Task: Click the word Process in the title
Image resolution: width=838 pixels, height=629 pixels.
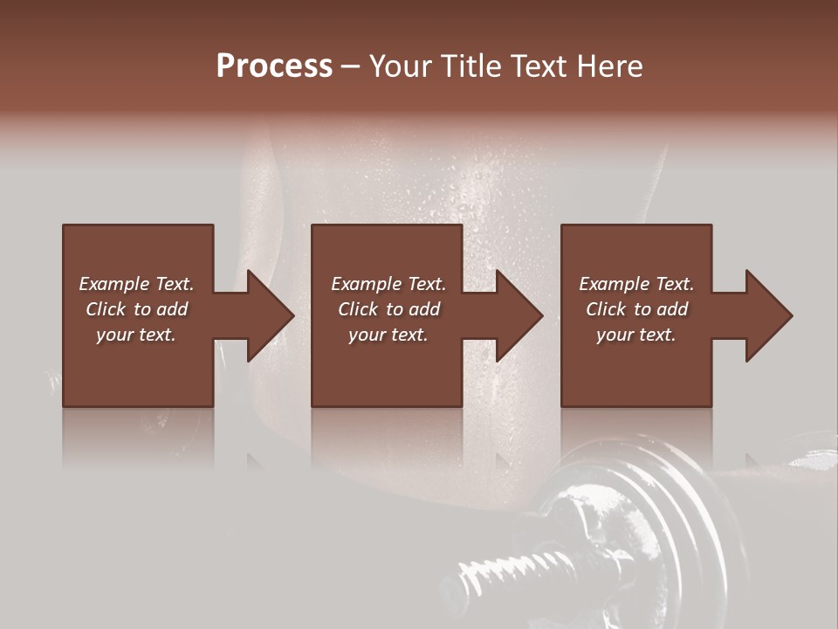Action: [274, 66]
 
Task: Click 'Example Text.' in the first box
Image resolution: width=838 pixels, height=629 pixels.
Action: [136, 284]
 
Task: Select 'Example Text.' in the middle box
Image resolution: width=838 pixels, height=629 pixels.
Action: [388, 284]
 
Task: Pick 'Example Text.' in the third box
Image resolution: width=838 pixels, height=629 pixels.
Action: [636, 284]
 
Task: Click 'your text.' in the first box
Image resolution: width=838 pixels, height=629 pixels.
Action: [136, 335]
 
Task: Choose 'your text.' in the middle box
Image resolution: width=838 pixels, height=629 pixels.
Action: [388, 335]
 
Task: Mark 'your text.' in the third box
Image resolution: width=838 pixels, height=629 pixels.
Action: [636, 335]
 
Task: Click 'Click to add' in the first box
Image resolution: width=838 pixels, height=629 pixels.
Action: [136, 309]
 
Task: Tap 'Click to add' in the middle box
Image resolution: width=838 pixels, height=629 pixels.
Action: [388, 309]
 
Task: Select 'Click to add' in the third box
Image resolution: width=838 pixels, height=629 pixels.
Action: [636, 309]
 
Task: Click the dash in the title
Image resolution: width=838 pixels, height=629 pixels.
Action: [350, 67]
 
